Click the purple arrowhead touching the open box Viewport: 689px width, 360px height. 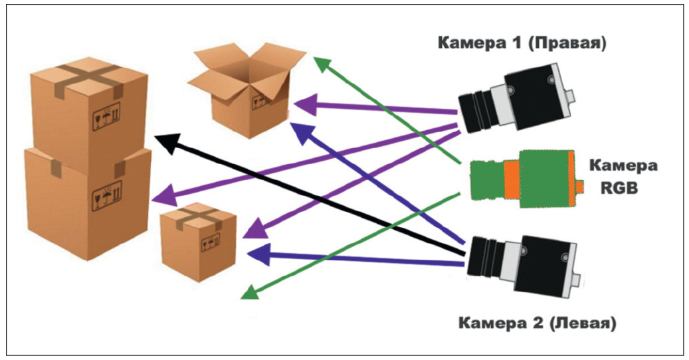click(302, 104)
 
